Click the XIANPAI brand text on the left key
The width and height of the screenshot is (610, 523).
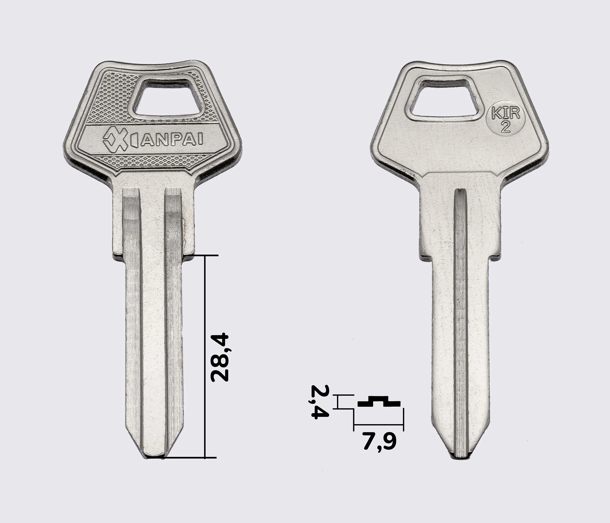pyautogui.click(x=153, y=141)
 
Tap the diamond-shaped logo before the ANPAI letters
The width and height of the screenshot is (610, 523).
pyautogui.click(x=115, y=141)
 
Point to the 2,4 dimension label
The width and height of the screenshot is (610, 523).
pyautogui.click(x=320, y=402)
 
